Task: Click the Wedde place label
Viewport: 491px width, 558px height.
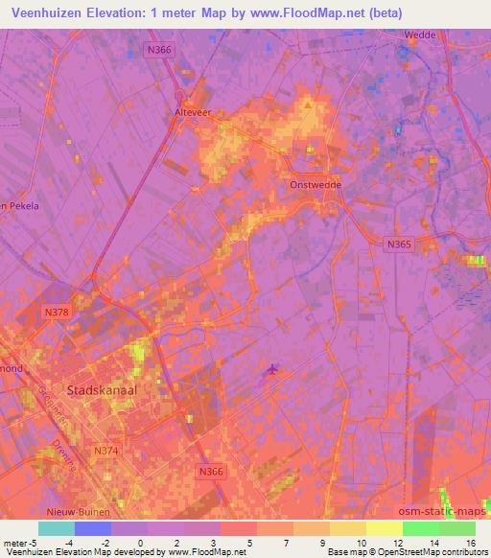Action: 420,35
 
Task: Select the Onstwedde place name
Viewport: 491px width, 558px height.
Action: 316,186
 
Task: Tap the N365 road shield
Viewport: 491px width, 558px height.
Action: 398,245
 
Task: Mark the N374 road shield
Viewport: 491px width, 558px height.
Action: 105,449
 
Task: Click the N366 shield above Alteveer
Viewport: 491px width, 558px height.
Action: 160,50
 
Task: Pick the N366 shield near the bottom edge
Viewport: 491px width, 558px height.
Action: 211,471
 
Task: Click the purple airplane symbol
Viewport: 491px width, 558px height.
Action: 272,369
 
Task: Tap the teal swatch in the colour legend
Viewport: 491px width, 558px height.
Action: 57,528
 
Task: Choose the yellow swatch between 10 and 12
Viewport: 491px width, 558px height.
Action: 384,528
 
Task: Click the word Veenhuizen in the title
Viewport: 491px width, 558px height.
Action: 47,13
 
